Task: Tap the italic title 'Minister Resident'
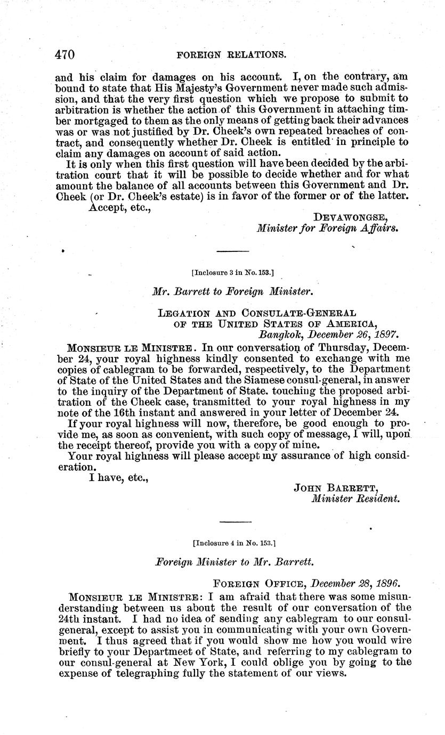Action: [355, 499]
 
